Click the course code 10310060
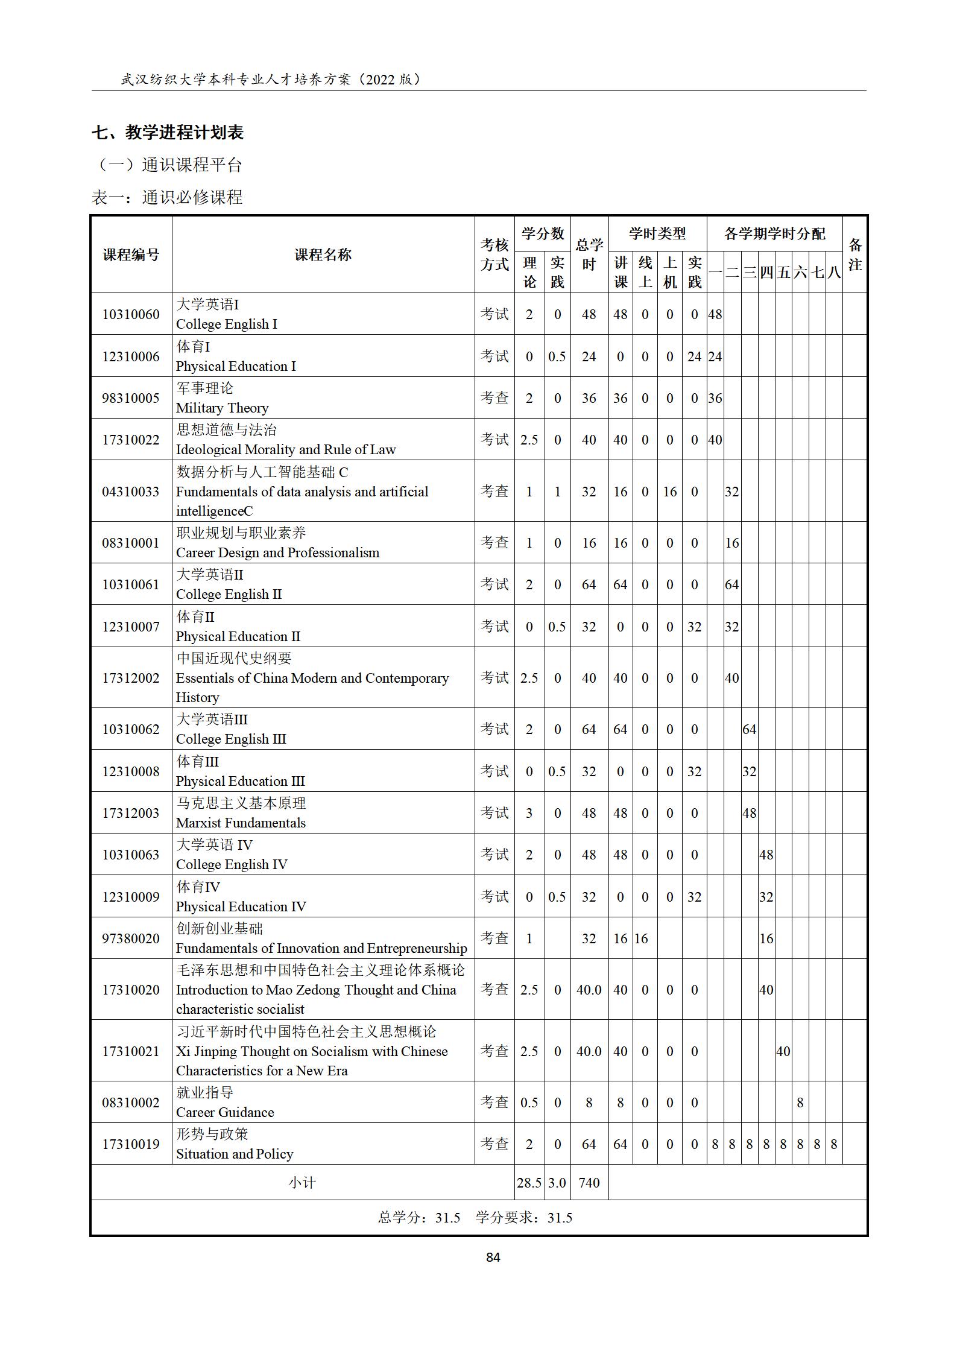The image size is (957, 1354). point(131,314)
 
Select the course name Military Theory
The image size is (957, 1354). point(222,408)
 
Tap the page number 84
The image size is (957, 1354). point(493,1257)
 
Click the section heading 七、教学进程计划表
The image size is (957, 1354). point(168,132)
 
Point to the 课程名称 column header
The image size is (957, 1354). point(323,255)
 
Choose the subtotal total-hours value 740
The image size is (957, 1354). point(589,1182)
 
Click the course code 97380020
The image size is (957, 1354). point(131,938)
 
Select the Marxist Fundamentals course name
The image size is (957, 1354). point(241,823)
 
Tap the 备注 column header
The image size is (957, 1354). point(854,255)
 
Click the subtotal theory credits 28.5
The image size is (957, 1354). point(529,1182)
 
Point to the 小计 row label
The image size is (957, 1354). point(302,1182)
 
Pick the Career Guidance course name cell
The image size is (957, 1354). point(225,1112)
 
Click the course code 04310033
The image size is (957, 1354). point(131,492)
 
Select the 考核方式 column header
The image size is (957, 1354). point(494,255)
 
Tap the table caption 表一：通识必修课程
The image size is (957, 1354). point(167,197)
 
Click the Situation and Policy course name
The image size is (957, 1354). point(235,1154)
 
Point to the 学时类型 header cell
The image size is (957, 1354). point(657,233)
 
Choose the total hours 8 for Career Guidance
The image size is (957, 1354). point(589,1102)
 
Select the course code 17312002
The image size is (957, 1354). point(131,678)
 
